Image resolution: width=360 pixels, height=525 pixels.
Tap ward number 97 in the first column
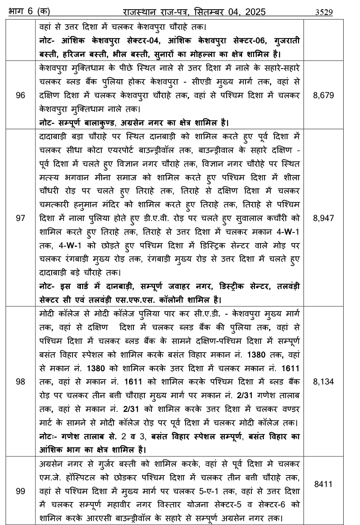coord(20,218)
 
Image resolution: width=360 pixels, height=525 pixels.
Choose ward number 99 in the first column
coord(20,491)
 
